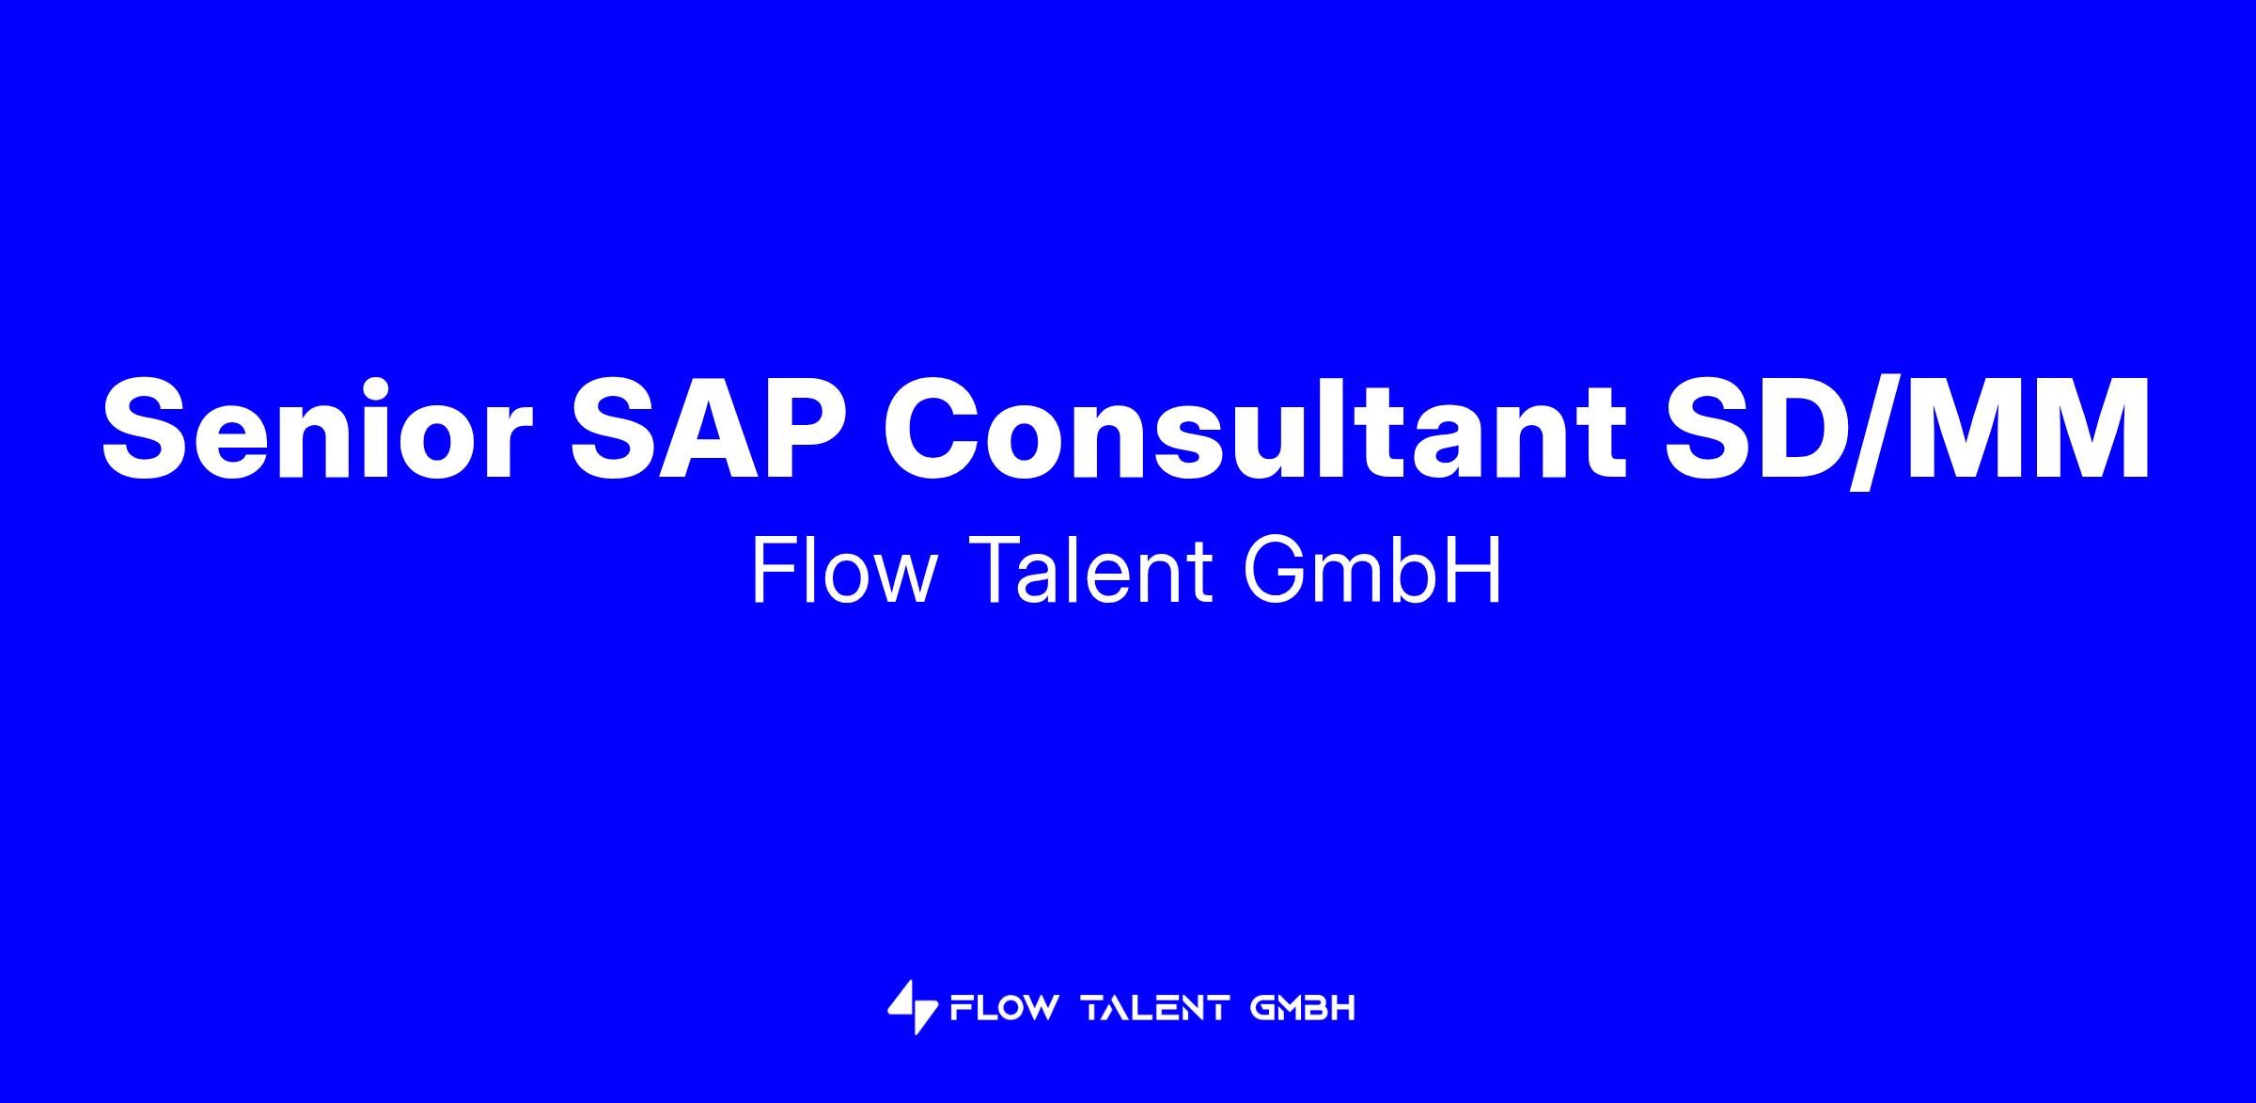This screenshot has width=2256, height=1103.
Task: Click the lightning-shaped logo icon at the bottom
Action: [x=913, y=1008]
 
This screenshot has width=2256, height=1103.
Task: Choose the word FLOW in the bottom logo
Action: [x=1004, y=1009]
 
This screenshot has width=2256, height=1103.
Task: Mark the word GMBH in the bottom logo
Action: [x=1304, y=1009]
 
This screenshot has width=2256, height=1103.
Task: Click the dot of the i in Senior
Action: [x=358, y=384]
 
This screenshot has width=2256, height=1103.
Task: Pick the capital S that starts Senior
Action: [x=148, y=428]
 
